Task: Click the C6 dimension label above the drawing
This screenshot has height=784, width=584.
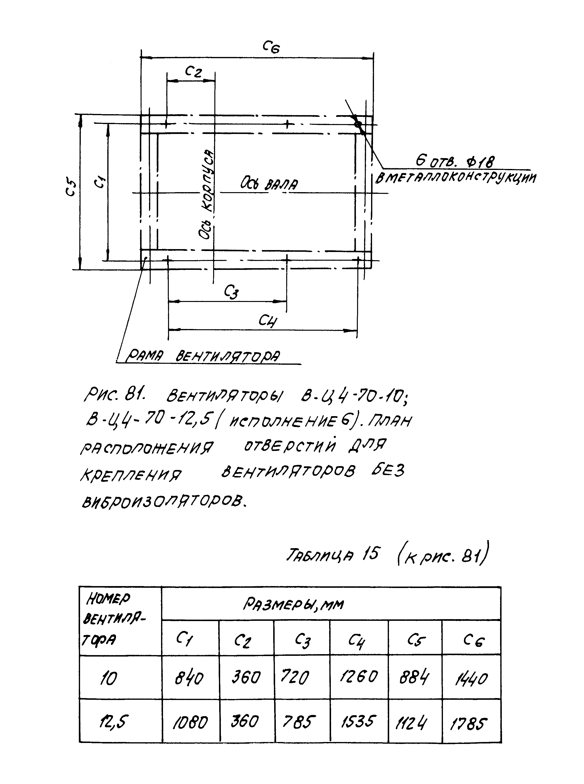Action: [271, 47]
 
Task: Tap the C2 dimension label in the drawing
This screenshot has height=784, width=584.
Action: [193, 72]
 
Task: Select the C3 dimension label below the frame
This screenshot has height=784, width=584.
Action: [231, 292]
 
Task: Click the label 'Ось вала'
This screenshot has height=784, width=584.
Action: [269, 184]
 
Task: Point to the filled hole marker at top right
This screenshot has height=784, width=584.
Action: [358, 124]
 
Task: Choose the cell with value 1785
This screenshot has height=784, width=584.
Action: [468, 724]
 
